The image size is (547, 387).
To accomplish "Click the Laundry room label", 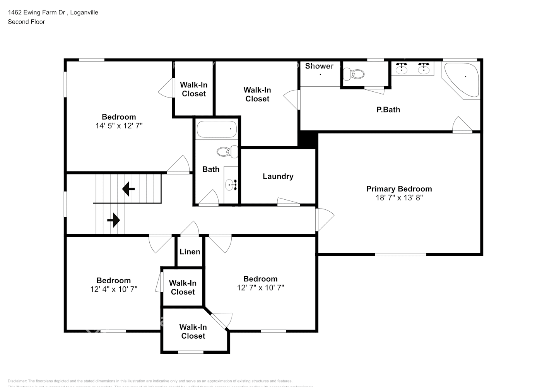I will click(278, 176).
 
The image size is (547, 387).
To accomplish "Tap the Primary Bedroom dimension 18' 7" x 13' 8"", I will click(399, 198).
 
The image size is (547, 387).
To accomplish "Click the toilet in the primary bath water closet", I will click(354, 74).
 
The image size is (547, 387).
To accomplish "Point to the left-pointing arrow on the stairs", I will click(128, 189).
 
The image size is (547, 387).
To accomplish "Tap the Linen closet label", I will click(190, 252).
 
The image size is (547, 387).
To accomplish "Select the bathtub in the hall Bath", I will click(217, 129).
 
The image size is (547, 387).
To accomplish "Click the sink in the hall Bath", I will click(231, 185).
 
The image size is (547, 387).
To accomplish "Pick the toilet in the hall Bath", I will click(227, 151).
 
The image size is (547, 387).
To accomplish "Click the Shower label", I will click(319, 66).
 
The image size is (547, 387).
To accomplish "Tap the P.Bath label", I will click(388, 110).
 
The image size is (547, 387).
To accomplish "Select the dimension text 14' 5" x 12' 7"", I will click(119, 126).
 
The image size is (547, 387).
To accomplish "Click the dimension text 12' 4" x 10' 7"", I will click(114, 289).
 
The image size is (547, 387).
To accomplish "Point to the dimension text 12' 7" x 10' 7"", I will click(260, 288).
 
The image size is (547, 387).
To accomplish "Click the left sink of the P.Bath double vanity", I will click(402, 68).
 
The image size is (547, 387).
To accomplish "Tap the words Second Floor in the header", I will click(26, 22).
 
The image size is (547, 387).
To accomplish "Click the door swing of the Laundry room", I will click(288, 202).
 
